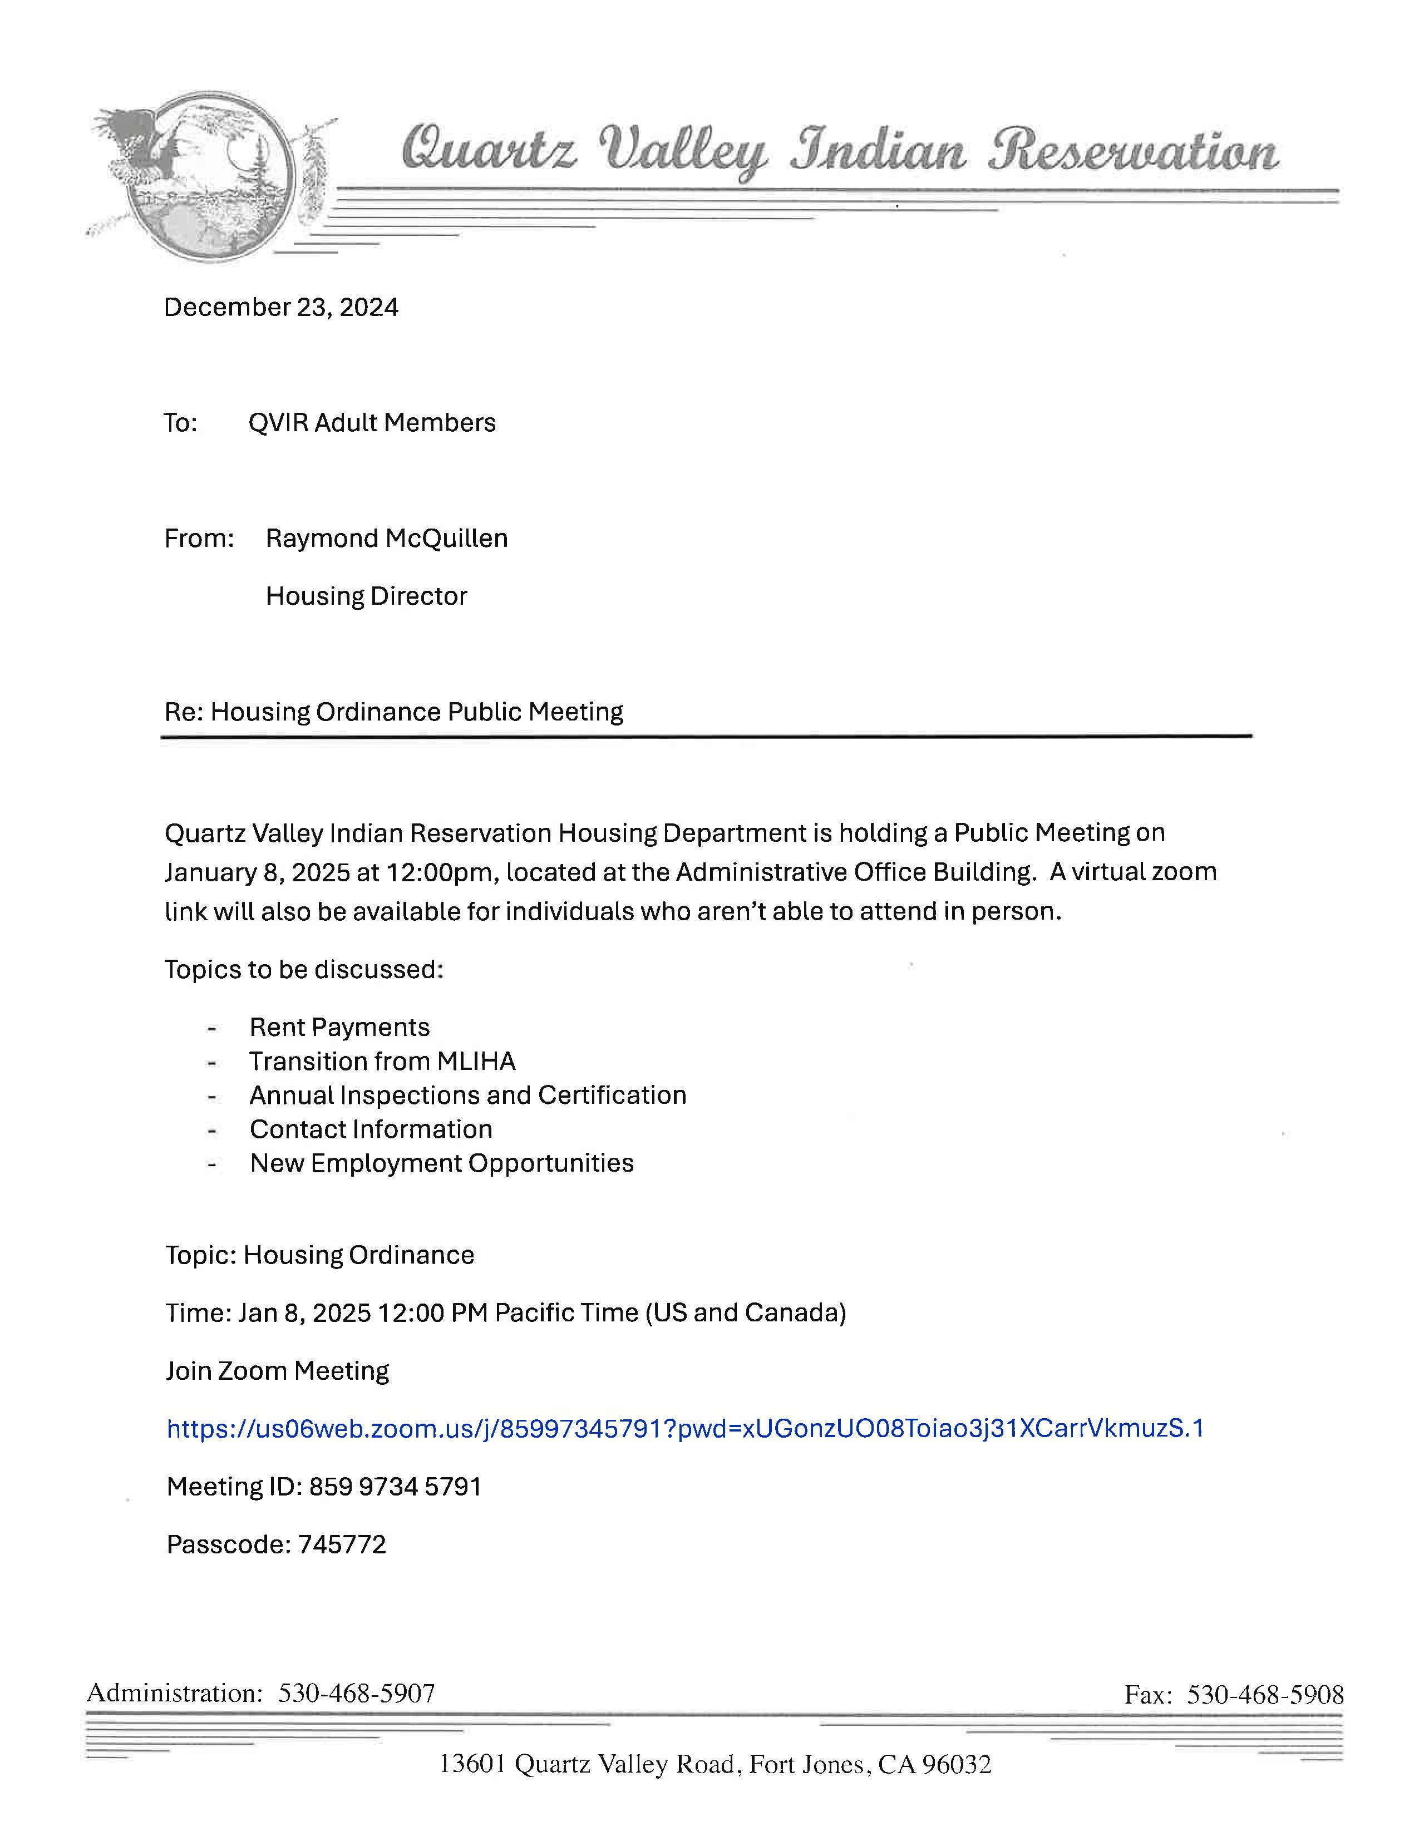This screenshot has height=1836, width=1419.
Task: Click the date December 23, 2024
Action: tap(281, 307)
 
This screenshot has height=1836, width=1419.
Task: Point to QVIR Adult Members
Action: tap(372, 422)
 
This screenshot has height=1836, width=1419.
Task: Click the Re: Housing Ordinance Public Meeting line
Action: tap(393, 712)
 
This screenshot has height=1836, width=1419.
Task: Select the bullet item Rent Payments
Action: tap(339, 1027)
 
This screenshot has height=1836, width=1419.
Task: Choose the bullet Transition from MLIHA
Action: tap(382, 1061)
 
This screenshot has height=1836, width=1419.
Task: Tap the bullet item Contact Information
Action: tap(371, 1129)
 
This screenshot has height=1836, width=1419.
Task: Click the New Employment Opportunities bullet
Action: tap(441, 1163)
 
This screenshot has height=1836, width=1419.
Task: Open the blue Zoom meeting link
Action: tap(684, 1428)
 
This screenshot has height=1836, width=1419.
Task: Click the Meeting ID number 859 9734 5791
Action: tap(395, 1486)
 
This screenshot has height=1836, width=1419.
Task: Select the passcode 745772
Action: tap(341, 1544)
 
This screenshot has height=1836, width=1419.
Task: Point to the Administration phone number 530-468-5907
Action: tap(357, 1693)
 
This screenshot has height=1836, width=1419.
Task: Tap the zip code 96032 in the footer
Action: tap(957, 1764)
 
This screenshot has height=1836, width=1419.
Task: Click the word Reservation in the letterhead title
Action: tap(1131, 151)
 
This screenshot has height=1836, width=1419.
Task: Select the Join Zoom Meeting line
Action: tap(278, 1371)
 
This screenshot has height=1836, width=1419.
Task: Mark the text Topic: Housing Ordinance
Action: tap(319, 1255)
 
